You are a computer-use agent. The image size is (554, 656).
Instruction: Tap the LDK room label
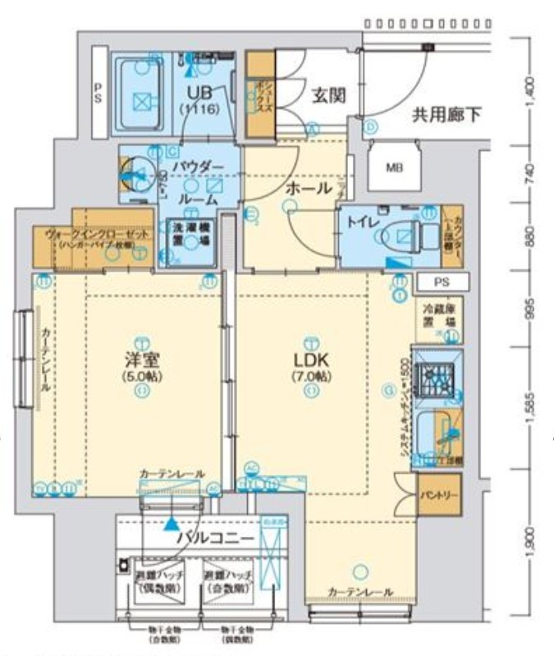click(311, 360)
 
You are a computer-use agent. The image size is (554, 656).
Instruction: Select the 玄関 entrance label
click(327, 96)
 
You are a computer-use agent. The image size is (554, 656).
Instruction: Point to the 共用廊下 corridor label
click(446, 116)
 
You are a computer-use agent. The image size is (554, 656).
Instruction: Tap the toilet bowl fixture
click(408, 236)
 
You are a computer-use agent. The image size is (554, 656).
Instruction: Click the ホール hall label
click(308, 188)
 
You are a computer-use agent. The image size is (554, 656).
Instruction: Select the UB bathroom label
click(199, 91)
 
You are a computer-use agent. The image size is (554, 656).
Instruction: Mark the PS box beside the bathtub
click(98, 90)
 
